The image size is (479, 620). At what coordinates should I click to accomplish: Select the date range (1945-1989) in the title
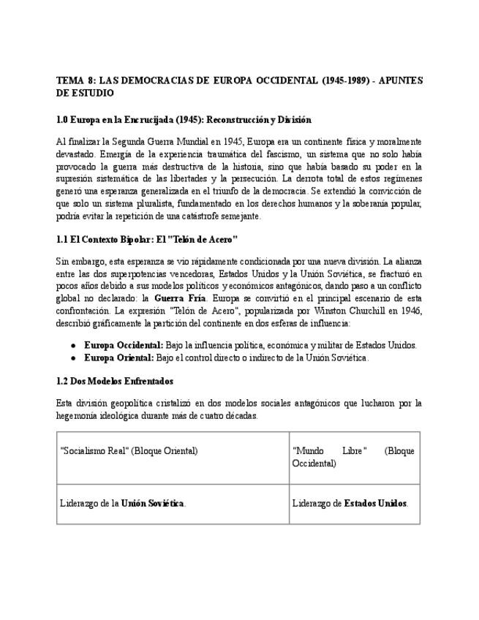coord(342,80)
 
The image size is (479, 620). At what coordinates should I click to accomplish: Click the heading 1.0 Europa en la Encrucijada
coord(184,119)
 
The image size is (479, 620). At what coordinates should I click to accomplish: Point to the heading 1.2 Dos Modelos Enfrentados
coord(115,381)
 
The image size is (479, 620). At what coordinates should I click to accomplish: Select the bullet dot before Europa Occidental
coord(74,346)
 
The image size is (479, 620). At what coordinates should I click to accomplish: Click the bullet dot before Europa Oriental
coord(74,358)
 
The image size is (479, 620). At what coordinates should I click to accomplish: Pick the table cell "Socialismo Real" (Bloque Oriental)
coord(129,451)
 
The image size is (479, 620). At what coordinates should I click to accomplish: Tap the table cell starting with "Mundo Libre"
coord(352,457)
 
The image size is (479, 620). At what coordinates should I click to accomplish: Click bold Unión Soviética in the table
coord(153,504)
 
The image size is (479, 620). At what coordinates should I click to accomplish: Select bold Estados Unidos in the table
coord(375,504)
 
